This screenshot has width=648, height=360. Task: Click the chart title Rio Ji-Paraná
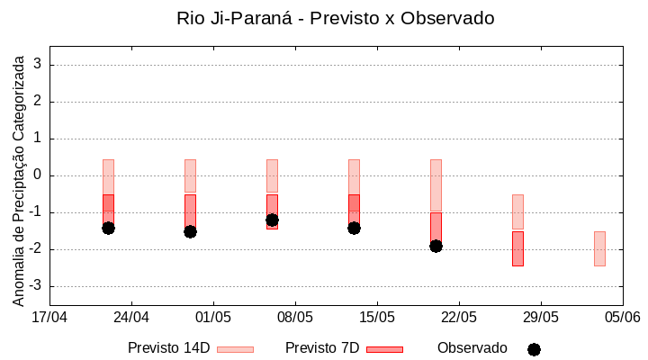coord(336,18)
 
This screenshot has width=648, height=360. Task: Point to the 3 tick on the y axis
coord(38,65)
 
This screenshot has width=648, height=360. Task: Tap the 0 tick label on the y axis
coord(38,175)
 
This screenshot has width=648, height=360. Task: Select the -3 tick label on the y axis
coord(35,286)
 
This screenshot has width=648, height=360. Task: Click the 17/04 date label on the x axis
coord(49,317)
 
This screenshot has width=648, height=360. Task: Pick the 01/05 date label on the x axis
coord(213,317)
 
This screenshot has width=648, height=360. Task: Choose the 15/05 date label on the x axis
coord(377,317)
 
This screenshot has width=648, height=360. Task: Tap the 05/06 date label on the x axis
coord(622,317)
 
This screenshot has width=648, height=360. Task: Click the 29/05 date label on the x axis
coord(541,317)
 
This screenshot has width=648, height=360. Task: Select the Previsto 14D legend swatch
coord(235,349)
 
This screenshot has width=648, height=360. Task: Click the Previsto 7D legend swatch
coord(384,349)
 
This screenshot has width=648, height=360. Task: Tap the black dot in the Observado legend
coord(534,349)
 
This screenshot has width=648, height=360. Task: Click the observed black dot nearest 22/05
coord(436,246)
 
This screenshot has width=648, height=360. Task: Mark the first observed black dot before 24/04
coord(108,228)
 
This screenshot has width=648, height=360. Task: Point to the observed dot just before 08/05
coord(272,220)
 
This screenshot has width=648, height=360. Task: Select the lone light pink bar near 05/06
coord(599,248)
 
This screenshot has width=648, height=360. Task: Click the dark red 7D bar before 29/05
coord(517,248)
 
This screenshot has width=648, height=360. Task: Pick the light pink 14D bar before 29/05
coord(517,212)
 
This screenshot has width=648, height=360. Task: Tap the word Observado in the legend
coord(472,347)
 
